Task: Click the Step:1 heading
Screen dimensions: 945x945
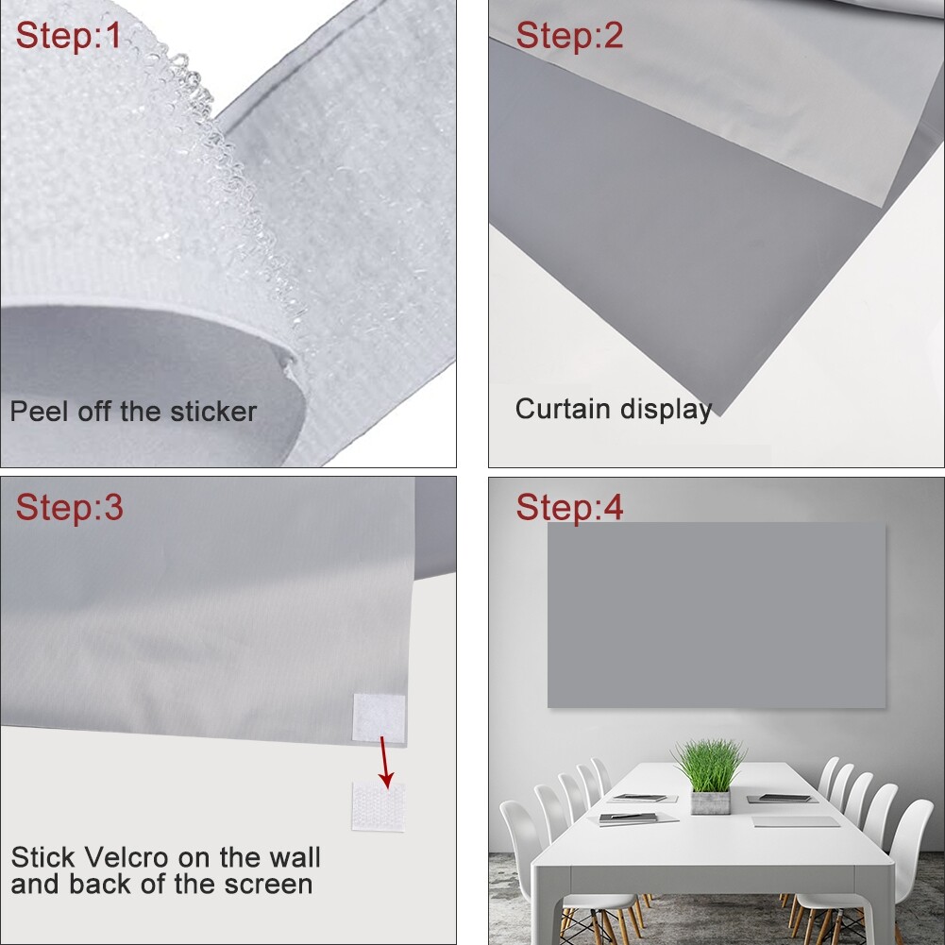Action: point(68,36)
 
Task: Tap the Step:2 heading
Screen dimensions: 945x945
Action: point(569,36)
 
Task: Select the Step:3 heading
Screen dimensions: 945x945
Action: point(69,507)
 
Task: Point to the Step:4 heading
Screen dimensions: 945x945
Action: point(569,507)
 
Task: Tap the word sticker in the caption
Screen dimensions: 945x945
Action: point(213,412)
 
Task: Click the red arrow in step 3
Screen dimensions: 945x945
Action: point(385,762)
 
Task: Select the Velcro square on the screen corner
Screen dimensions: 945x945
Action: point(380,717)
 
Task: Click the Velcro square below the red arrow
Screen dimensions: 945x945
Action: point(379,807)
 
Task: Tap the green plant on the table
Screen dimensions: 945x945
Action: point(709,766)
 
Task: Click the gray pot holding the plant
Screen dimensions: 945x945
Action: point(710,802)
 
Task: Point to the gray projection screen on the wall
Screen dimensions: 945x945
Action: point(717,615)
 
